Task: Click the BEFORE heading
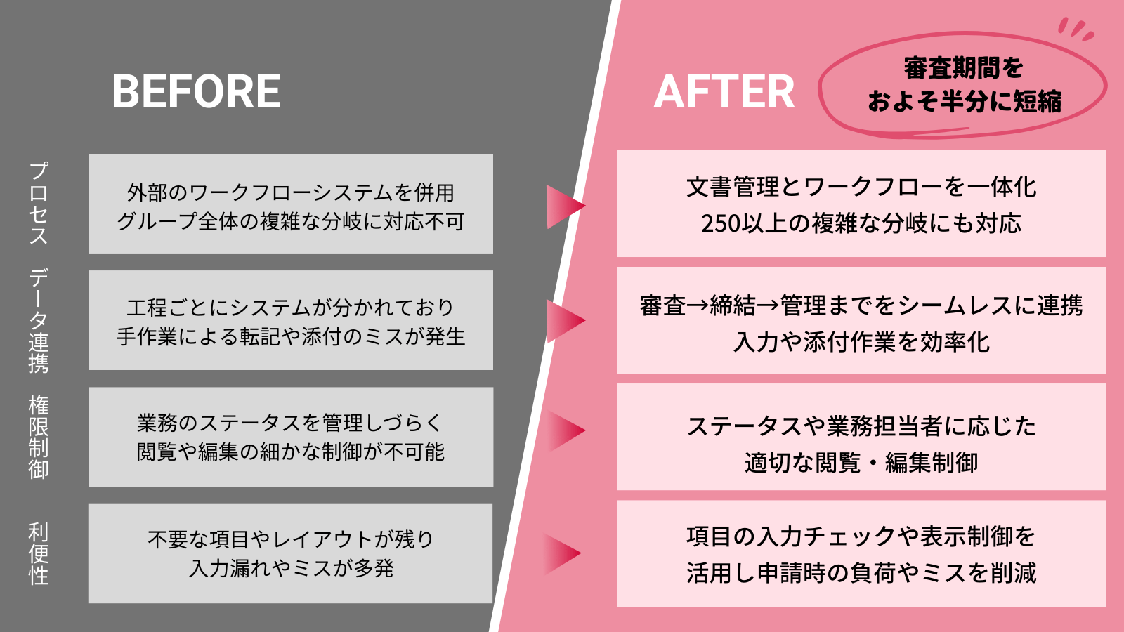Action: pos(196,92)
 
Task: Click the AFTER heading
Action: pos(724,92)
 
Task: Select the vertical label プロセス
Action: pos(39,203)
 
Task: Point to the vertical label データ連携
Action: pos(39,320)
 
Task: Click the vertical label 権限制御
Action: pos(39,437)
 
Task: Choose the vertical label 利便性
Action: pos(39,553)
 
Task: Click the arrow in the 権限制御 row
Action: pos(566,430)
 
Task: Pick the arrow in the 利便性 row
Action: pos(562,553)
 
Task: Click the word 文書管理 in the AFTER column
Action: pos(733,187)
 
